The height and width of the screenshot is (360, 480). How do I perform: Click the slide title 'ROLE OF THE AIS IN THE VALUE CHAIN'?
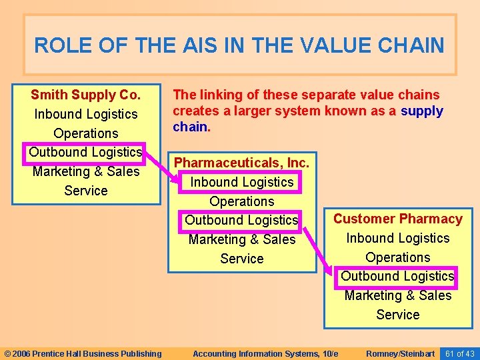tap(239, 45)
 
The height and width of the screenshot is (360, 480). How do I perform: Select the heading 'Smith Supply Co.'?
tap(85, 95)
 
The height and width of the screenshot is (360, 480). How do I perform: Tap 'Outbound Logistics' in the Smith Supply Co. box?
tap(85, 152)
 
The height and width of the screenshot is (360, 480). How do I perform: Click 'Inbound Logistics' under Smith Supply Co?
tap(85, 114)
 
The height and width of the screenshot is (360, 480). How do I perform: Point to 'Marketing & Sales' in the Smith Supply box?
tap(85, 171)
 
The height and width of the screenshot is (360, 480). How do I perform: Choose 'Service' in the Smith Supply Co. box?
tap(85, 191)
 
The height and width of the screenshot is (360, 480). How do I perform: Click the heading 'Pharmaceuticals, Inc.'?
tap(241, 163)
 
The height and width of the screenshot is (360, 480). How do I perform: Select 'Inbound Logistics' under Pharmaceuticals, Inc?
tap(241, 182)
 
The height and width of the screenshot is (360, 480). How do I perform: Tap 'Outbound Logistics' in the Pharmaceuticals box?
tap(241, 220)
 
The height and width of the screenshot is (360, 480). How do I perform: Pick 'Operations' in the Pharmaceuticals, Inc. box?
tap(241, 201)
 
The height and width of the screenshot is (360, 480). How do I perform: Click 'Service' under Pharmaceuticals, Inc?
tap(241, 259)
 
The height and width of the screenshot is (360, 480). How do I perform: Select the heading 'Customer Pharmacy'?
tap(397, 219)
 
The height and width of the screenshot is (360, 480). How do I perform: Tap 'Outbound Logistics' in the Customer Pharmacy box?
tap(397, 276)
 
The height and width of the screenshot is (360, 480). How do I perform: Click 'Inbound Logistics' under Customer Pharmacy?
tap(397, 238)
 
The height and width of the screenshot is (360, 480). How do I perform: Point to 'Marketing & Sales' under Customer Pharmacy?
tap(397, 295)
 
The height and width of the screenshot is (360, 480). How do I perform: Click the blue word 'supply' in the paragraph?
tap(421, 111)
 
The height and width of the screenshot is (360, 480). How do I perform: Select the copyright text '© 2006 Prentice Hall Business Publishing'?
tap(83, 353)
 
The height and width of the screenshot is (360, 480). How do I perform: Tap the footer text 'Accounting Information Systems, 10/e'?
tap(265, 353)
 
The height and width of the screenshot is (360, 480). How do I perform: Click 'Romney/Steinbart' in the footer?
tap(401, 353)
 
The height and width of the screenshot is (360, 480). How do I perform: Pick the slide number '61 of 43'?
tap(459, 353)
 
